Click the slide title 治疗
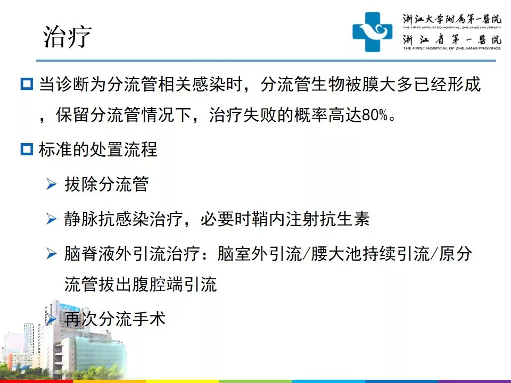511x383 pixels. tap(68, 37)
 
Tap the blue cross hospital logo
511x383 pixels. tap(372, 32)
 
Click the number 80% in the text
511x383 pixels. tap(375, 115)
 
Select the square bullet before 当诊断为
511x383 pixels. tap(27, 84)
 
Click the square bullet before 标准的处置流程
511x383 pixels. tap(27, 149)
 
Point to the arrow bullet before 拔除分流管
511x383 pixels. tap(52, 184)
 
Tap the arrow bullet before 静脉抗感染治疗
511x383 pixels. tap(52, 219)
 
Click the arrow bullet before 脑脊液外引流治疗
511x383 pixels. tap(52, 253)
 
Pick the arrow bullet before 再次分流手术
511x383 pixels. tap(52, 319)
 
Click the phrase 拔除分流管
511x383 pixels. tap(106, 184)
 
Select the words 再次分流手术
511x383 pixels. tap(115, 319)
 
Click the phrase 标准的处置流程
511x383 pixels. tap(98, 149)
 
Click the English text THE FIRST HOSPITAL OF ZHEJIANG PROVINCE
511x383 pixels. tap(452, 48)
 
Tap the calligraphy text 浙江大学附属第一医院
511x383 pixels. tap(452, 19)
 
